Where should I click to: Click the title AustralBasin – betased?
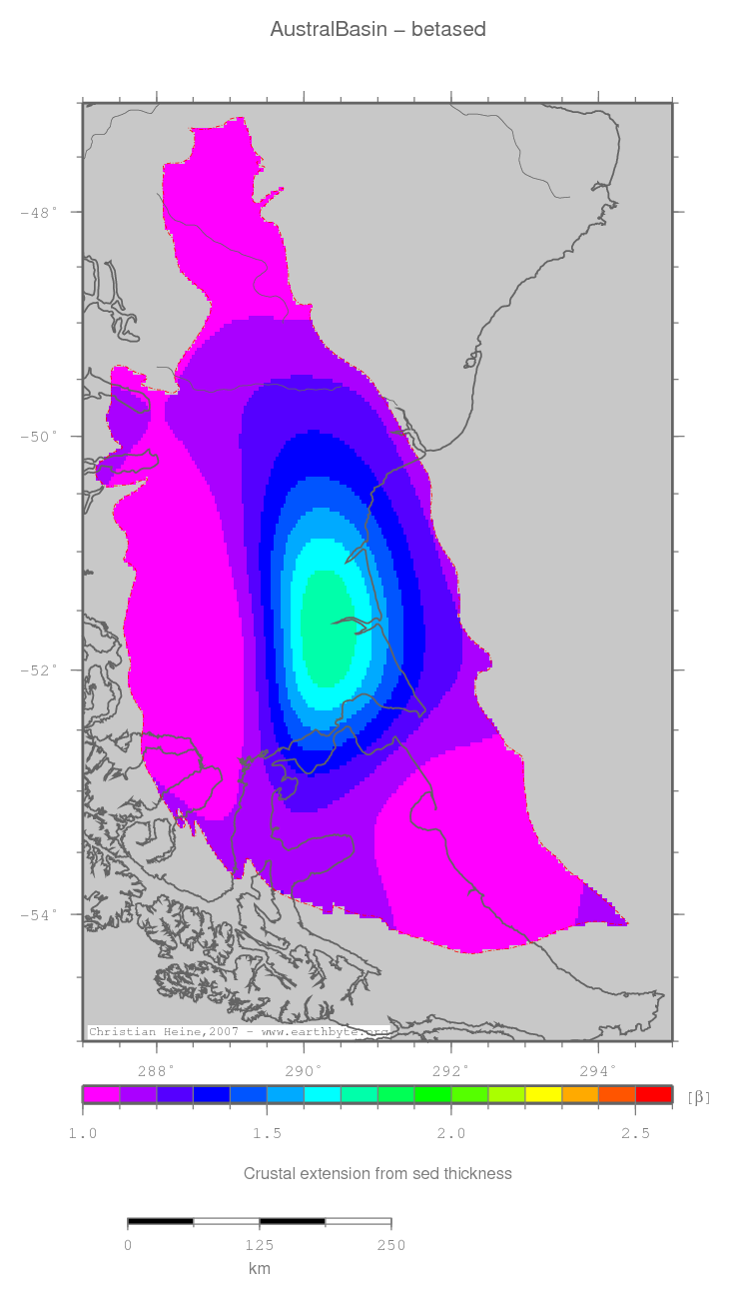[377, 30]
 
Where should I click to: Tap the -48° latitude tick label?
[40, 212]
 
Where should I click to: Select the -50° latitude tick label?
[40, 436]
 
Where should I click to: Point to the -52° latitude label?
[40, 669]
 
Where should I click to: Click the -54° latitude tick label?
[40, 913]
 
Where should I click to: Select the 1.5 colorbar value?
[267, 1133]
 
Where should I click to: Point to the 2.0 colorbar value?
[451, 1133]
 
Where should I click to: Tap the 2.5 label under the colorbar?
[635, 1133]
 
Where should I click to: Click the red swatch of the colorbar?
[653, 1094]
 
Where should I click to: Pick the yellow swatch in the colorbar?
[543, 1094]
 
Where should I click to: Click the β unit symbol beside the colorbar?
[699, 1096]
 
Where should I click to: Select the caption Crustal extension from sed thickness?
[377, 1173]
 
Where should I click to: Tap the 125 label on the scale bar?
[260, 1245]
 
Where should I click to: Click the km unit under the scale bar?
[259, 1268]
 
